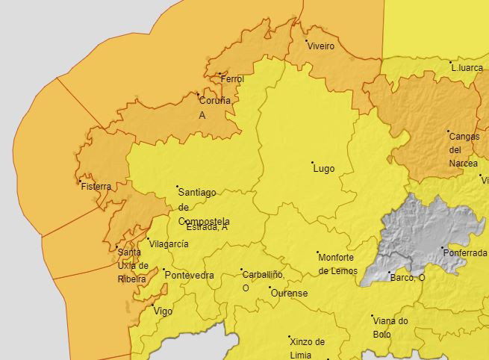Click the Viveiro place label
click(321, 46)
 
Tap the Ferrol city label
click(233, 79)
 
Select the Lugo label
click(323, 169)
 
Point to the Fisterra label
click(96, 187)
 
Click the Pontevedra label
click(189, 276)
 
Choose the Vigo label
click(163, 311)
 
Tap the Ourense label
click(289, 294)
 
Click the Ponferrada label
click(466, 253)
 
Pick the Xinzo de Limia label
click(307, 347)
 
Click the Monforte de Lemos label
click(337, 264)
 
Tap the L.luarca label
click(468, 68)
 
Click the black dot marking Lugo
click(312, 161)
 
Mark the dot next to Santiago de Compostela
click(177, 186)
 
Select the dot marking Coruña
click(198, 94)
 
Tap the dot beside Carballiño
click(241, 270)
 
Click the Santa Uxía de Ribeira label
click(133, 265)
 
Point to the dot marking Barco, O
click(388, 273)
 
